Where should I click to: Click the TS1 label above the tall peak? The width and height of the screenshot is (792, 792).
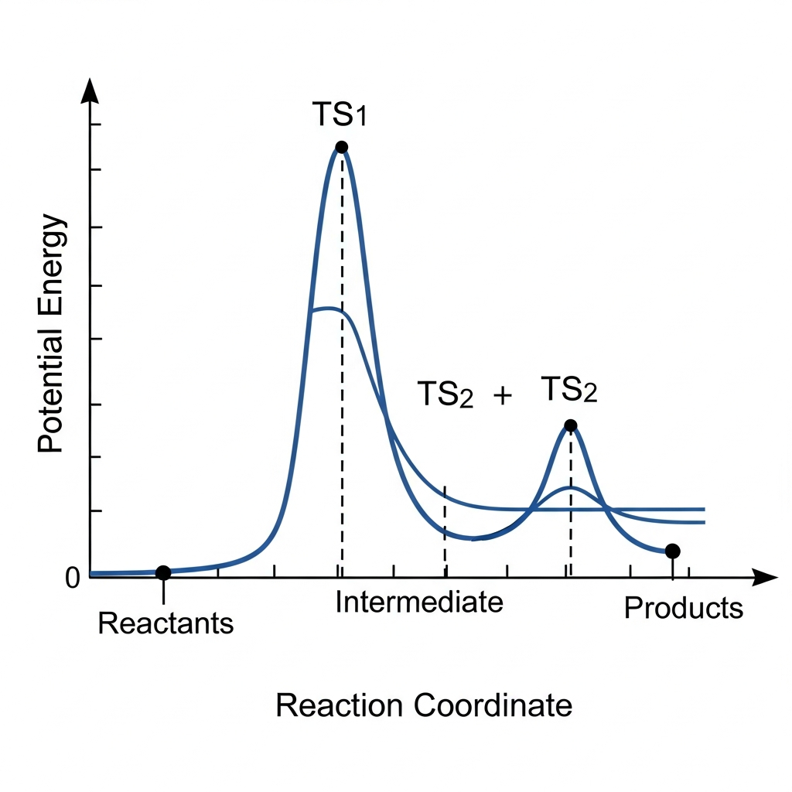click(340, 115)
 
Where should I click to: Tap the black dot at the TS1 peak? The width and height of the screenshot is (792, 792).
click(342, 147)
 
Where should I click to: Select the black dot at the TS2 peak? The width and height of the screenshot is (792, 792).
click(571, 425)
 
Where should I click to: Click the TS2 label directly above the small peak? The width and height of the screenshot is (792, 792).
click(569, 390)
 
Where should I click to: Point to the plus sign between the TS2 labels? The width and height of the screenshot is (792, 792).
click(503, 396)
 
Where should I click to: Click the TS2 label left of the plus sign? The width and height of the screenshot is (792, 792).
click(445, 394)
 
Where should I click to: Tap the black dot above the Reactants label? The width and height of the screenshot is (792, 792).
click(163, 572)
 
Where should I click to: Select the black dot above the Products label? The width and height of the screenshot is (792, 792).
click(672, 551)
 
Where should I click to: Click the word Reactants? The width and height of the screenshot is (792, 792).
click(166, 623)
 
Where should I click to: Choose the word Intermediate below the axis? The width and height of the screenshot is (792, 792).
click(419, 602)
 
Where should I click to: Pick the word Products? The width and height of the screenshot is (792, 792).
click(683, 609)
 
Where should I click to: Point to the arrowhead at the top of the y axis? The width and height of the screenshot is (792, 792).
click(90, 91)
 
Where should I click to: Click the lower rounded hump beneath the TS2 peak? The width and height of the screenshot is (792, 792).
click(571, 489)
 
